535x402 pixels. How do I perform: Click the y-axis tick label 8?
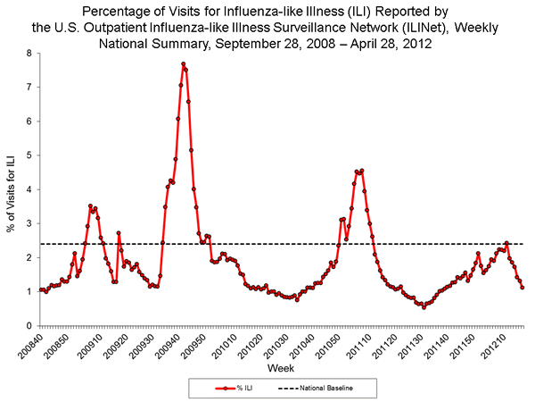tap(29, 54)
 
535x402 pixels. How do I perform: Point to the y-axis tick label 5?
tap(29, 155)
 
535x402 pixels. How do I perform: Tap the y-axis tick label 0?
tap(29, 325)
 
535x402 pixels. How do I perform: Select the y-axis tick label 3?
tap(29, 223)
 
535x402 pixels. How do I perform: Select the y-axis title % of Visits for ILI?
tap(12, 189)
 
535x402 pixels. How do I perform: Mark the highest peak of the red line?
tap(183, 64)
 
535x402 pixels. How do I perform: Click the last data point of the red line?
tap(523, 287)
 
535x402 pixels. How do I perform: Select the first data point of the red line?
tap(41, 289)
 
